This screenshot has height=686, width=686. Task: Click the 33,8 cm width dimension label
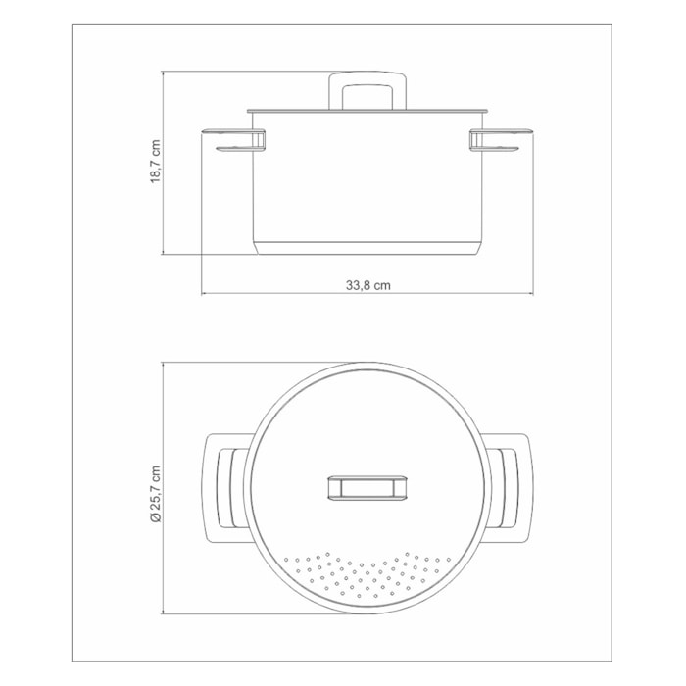(x=368, y=285)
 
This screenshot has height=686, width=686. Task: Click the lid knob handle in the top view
(x=368, y=488)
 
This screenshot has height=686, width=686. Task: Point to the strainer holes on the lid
(x=368, y=573)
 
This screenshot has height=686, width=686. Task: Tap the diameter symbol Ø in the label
(x=154, y=517)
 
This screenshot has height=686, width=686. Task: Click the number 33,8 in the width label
(x=359, y=285)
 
